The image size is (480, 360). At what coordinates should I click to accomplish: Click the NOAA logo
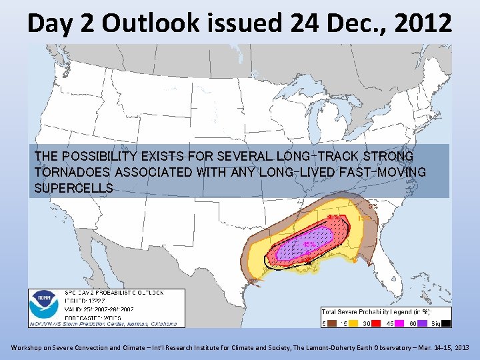(43, 307)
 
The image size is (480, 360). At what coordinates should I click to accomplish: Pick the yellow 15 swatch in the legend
(352, 323)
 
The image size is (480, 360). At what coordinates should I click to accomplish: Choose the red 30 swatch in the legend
(375, 323)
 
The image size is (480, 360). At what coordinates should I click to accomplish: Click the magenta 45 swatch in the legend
(397, 323)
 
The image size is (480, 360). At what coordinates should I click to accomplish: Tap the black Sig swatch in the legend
(444, 323)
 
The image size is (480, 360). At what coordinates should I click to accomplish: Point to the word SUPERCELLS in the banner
(73, 188)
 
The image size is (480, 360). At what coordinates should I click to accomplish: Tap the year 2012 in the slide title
(421, 23)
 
